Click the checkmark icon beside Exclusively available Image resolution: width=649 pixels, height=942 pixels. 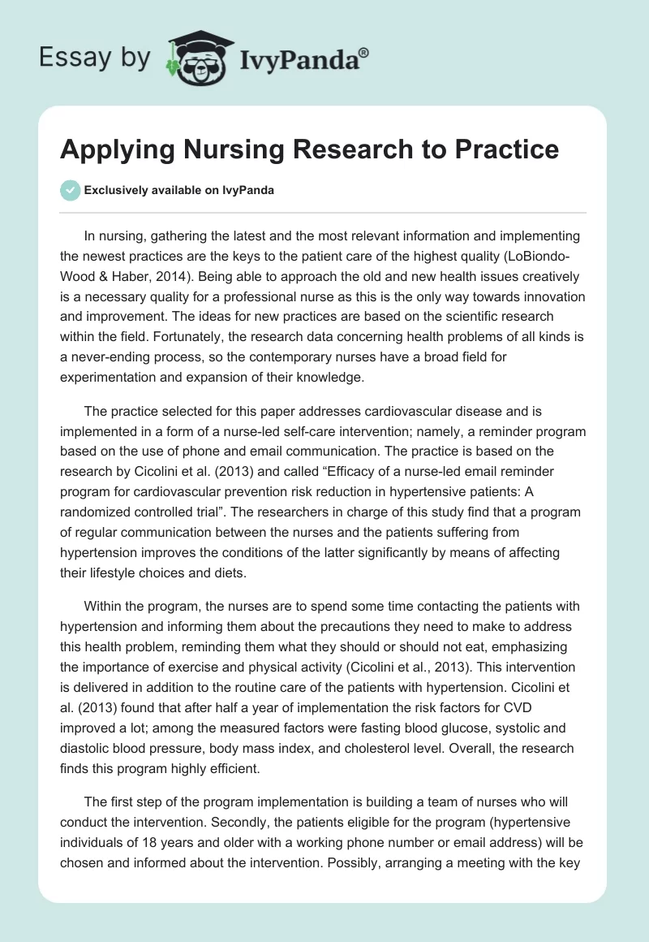[x=70, y=190]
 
